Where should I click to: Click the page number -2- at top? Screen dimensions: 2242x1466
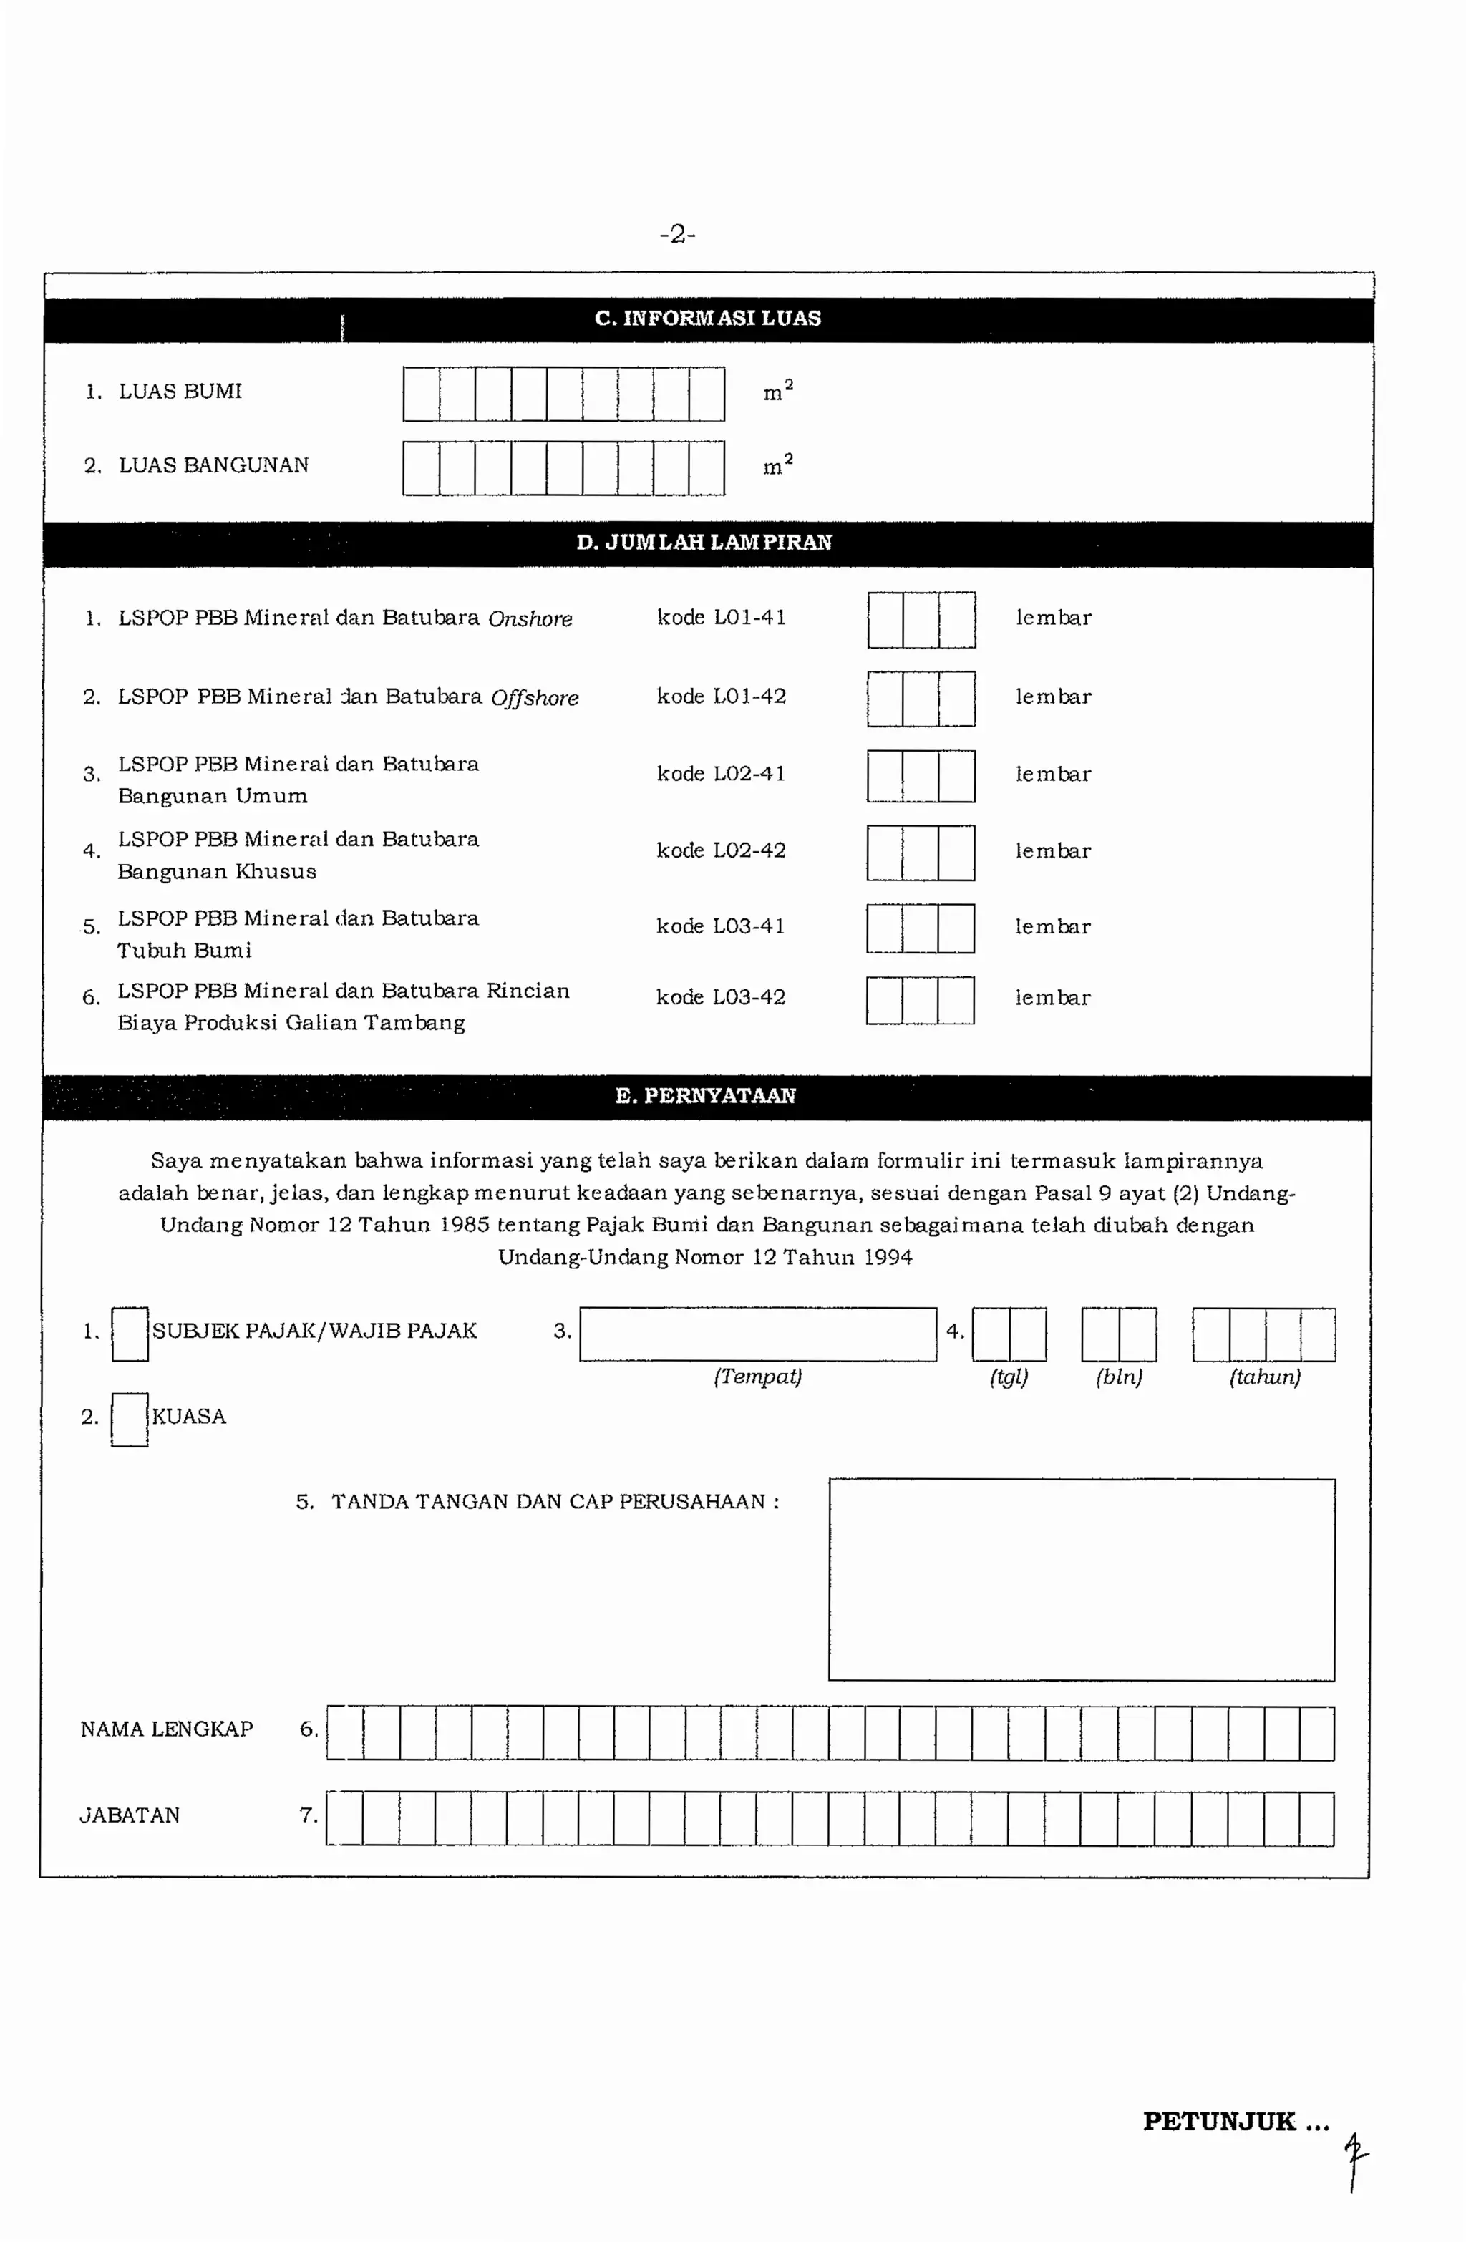click(x=677, y=233)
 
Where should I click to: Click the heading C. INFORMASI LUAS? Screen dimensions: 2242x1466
click(x=707, y=319)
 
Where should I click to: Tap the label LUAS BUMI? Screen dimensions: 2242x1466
click(x=179, y=391)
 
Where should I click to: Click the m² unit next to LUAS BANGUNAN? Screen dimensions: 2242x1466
click(x=778, y=465)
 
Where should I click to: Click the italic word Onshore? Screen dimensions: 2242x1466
click(x=530, y=619)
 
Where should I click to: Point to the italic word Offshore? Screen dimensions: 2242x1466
click(x=534, y=698)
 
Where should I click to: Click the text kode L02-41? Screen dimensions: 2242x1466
click(x=721, y=773)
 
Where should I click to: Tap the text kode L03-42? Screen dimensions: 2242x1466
click(x=721, y=996)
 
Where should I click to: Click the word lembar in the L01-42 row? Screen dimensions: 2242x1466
click(x=1054, y=697)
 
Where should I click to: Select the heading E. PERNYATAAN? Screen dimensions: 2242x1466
click(x=705, y=1095)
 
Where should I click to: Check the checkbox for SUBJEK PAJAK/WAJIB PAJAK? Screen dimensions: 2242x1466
click(x=130, y=1334)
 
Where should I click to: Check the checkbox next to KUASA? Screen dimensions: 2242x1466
click(x=130, y=1420)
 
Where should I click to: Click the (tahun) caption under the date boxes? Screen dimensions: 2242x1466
click(x=1264, y=1377)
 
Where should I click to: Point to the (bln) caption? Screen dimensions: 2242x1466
click(x=1118, y=1377)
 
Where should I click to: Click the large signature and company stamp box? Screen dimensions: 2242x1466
click(x=1081, y=1580)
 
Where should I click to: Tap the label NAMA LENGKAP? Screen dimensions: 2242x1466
click(x=167, y=1729)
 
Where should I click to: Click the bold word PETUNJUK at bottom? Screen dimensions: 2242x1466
click(x=1219, y=2122)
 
